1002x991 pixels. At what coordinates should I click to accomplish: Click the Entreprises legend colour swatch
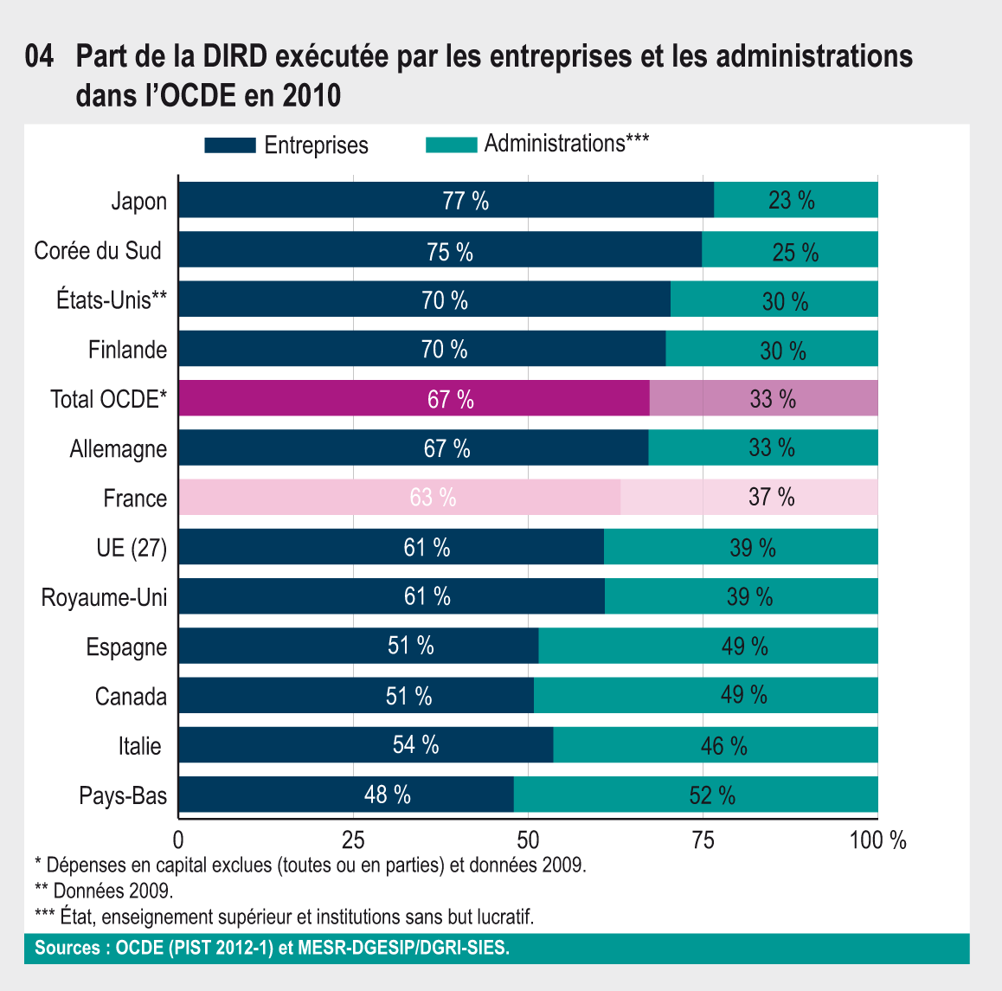230,145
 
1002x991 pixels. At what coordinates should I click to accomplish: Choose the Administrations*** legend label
567,144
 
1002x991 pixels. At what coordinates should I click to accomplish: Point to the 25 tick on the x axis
353,840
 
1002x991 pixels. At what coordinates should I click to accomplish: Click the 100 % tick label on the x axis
877,840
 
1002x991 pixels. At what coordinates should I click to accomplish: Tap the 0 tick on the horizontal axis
178,840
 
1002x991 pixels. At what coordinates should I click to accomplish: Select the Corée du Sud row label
98,251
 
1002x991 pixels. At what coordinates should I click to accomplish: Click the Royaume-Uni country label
104,598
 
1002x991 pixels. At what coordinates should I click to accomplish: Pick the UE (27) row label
132,548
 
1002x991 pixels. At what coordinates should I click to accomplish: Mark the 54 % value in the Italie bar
415,745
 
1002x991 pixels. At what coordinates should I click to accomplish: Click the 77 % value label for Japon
466,201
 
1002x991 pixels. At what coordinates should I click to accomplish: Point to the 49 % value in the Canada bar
744,695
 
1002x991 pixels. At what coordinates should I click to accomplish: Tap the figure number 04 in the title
40,57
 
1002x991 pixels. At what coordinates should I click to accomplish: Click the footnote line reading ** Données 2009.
104,890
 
